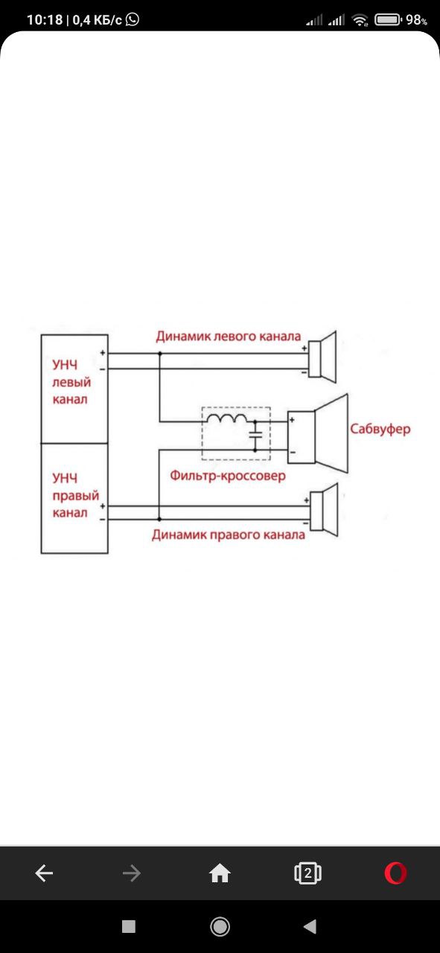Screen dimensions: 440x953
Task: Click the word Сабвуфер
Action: click(380, 430)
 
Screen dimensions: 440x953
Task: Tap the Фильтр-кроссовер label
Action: click(228, 475)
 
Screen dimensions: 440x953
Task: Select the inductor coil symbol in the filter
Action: click(227, 418)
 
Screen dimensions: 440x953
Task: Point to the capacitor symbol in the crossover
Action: click(255, 435)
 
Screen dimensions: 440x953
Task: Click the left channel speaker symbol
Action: click(322, 357)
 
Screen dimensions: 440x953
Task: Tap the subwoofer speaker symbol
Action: click(319, 434)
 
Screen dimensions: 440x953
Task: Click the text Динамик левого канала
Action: click(229, 336)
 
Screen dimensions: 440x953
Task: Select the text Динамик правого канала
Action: click(229, 535)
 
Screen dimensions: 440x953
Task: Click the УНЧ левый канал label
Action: click(71, 382)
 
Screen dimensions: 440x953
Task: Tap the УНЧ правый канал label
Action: click(75, 495)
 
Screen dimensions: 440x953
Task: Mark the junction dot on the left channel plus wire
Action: click(160, 354)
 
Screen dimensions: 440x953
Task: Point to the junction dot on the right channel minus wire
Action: click(159, 519)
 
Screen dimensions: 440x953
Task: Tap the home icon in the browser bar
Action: click(220, 873)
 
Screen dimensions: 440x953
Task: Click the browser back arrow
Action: click(44, 873)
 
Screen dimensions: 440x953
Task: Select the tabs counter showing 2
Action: click(307, 873)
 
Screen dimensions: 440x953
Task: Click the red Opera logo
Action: click(396, 873)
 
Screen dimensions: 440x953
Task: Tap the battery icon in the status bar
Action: click(388, 19)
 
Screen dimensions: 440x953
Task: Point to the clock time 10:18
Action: click(45, 19)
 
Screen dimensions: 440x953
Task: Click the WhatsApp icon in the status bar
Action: click(133, 19)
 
